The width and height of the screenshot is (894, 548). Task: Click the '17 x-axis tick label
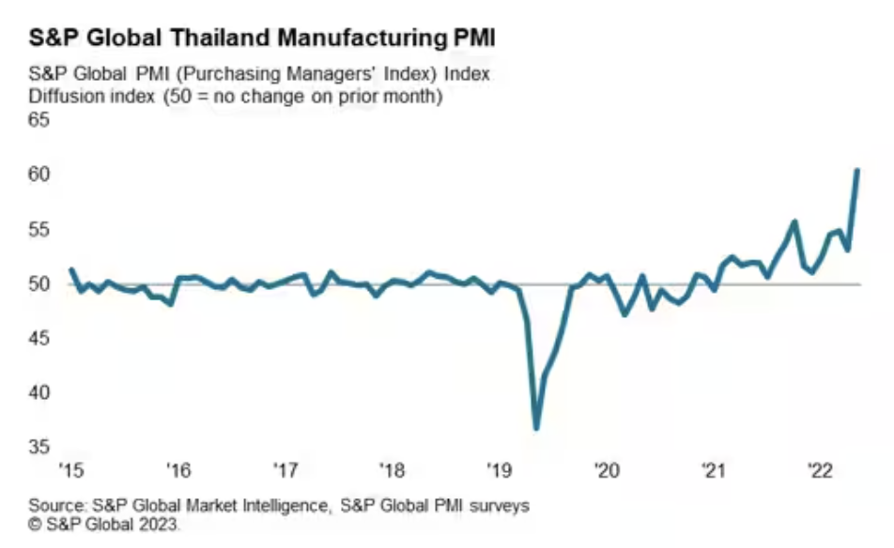(285, 469)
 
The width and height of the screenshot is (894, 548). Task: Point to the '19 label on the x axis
(500, 469)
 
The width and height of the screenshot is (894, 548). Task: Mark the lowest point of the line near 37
(536, 428)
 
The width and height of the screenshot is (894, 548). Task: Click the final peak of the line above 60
(857, 170)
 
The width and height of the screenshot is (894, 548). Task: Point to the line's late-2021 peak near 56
(794, 221)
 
